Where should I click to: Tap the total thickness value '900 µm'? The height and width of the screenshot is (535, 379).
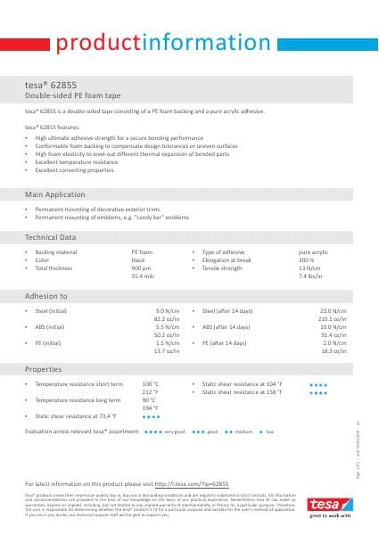[143, 268]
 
